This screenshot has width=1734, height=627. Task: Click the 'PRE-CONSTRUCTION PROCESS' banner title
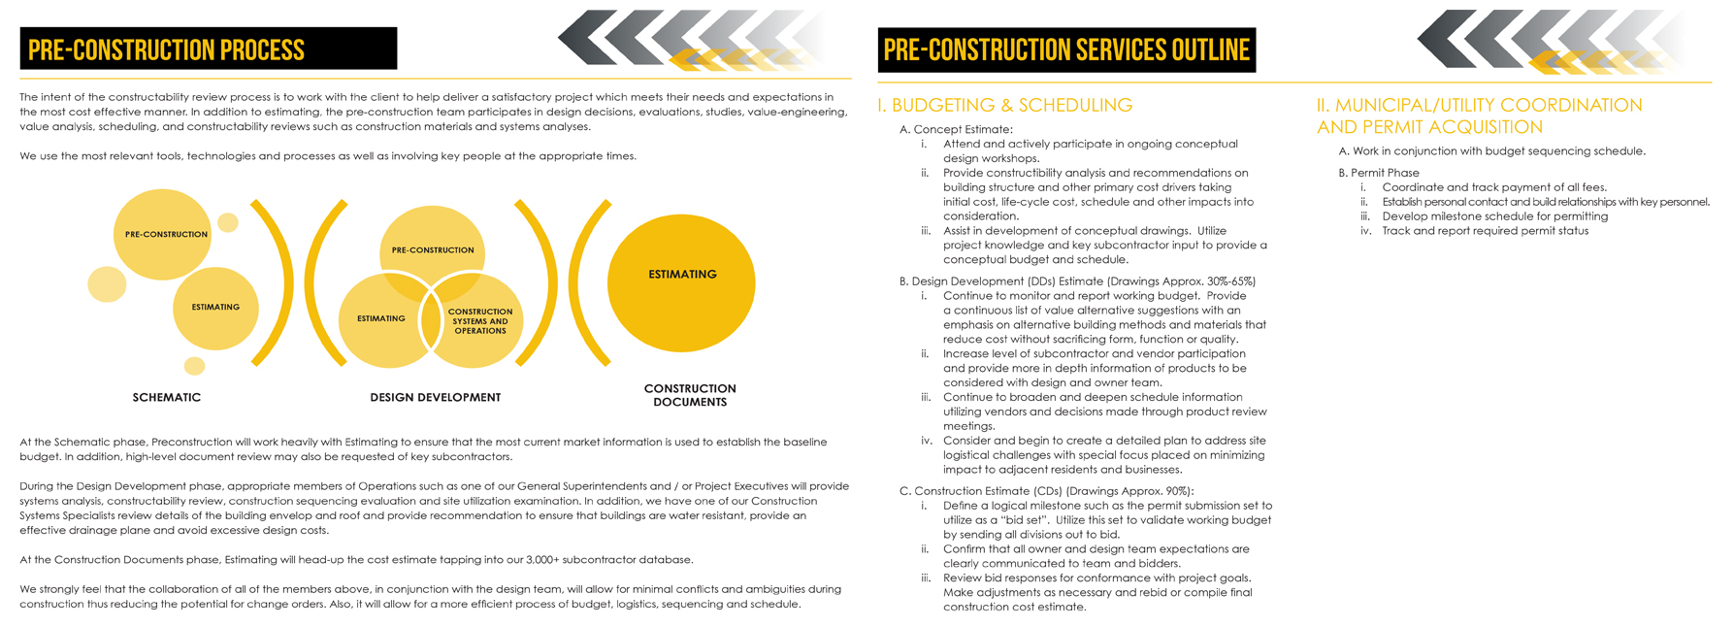pos(166,49)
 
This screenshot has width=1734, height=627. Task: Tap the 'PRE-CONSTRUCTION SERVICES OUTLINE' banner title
pos(1065,49)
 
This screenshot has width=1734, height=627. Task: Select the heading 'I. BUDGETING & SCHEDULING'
pos(1004,105)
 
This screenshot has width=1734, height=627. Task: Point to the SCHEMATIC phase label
pos(167,397)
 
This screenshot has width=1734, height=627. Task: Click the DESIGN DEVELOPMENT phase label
pos(435,397)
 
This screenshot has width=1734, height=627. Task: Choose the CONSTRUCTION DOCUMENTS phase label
pos(690,395)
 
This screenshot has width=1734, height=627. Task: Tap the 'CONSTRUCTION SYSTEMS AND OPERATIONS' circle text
pos(480,321)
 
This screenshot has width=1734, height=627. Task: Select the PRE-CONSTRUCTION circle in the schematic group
pos(166,234)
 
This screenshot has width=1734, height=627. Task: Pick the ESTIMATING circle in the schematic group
pos(215,307)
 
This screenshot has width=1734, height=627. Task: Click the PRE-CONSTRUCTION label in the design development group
pos(433,250)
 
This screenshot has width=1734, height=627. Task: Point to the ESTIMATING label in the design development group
pos(380,318)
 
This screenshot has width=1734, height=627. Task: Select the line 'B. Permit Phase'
pos(1379,173)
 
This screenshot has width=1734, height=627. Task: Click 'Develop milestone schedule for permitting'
pos(1494,216)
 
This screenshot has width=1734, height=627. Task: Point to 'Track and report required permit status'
pos(1485,231)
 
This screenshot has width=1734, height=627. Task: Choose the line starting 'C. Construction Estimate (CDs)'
pos(1046,491)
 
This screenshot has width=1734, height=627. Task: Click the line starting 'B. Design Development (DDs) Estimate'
pos(1077,281)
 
